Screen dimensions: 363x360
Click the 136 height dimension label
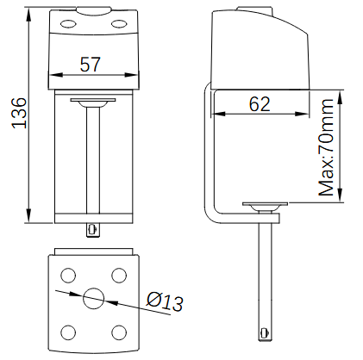(x=19, y=113)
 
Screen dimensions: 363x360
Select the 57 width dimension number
(x=91, y=65)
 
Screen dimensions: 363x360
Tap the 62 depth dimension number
(x=260, y=103)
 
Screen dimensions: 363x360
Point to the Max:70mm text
(x=326, y=147)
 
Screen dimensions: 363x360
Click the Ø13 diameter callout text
(x=165, y=301)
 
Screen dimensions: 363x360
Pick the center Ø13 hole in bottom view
(x=93, y=298)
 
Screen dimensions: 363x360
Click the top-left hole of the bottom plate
(x=68, y=276)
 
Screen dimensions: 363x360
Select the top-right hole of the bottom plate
(x=119, y=276)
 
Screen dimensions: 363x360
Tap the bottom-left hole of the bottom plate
(x=68, y=332)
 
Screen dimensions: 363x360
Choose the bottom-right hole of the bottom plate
(x=119, y=332)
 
